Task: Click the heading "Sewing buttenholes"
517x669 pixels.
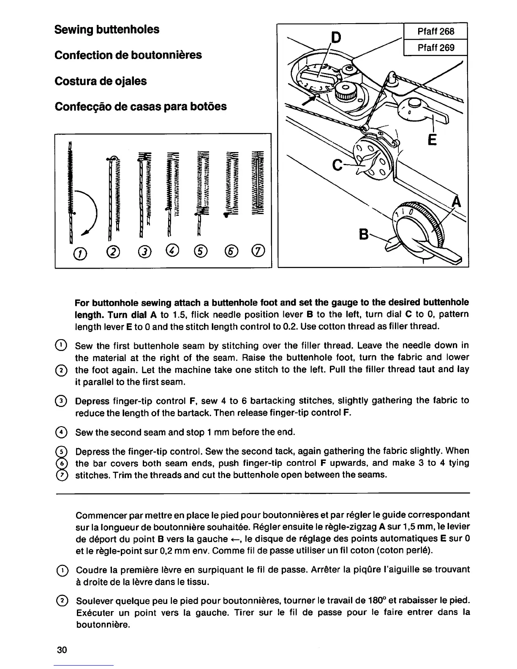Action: [x=107, y=30]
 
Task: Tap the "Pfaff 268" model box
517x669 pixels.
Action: [x=435, y=31]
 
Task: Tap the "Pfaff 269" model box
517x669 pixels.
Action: [x=435, y=47]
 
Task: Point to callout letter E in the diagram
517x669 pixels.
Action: [x=432, y=139]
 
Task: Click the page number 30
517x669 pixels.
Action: [x=62, y=650]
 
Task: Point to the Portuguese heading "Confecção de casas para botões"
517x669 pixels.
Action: [x=141, y=106]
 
